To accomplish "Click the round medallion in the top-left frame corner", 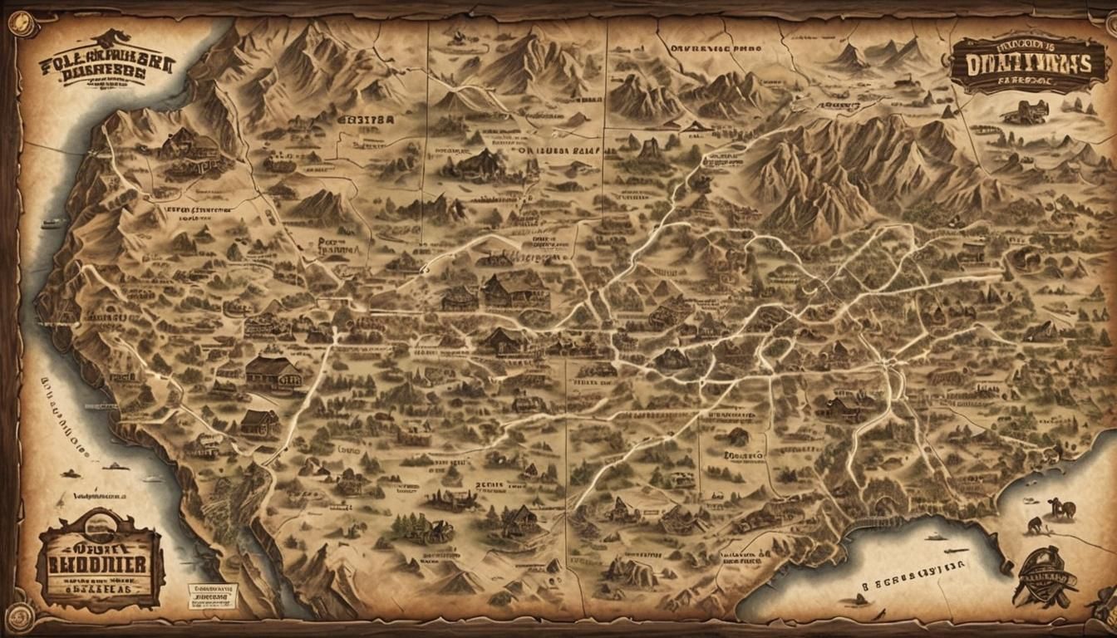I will coord(22,22).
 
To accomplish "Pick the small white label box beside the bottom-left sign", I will coord(211,595).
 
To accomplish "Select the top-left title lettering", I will coord(106,62).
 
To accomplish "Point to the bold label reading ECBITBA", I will coord(366,119).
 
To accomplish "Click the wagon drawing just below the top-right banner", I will coord(1025,112).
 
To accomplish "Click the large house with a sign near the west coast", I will coord(273,371).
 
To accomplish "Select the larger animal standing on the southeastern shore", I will coord(1060,508).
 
